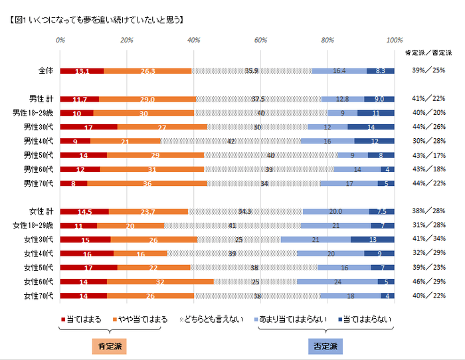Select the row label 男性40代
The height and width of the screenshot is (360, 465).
coord(41,141)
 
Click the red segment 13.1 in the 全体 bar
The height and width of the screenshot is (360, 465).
coord(82,71)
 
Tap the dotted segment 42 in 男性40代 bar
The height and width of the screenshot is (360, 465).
coord(230,141)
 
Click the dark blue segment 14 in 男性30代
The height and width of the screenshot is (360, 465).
coord(371,127)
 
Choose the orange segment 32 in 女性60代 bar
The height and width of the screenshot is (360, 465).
coord(160,282)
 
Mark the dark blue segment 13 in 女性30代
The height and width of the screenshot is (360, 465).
coord(372,239)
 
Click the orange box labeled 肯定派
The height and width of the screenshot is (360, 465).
coord(106,347)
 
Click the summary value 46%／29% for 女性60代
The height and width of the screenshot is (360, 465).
coord(428,282)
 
